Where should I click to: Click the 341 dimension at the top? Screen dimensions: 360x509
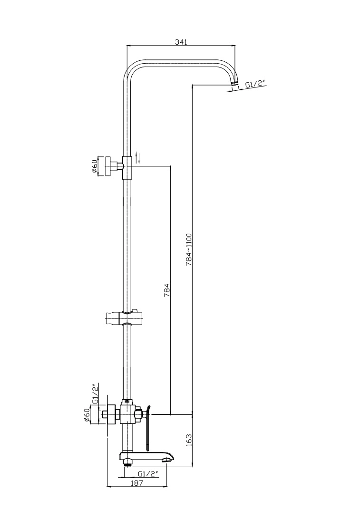tap(181, 42)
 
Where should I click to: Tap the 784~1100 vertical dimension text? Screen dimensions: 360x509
tap(189, 250)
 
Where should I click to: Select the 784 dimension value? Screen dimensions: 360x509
tap(167, 290)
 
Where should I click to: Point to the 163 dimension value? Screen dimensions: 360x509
tap(189, 440)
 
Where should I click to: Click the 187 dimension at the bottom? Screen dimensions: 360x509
tap(137, 483)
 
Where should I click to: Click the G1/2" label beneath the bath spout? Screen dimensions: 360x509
tap(148, 474)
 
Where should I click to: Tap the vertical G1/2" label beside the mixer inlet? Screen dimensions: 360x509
tap(95, 394)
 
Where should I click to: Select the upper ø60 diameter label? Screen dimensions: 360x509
tap(95, 166)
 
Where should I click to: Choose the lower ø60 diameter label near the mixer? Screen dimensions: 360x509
tap(87, 415)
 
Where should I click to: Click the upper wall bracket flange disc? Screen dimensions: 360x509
tap(107, 166)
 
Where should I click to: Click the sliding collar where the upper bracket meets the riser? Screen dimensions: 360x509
tap(127, 167)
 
